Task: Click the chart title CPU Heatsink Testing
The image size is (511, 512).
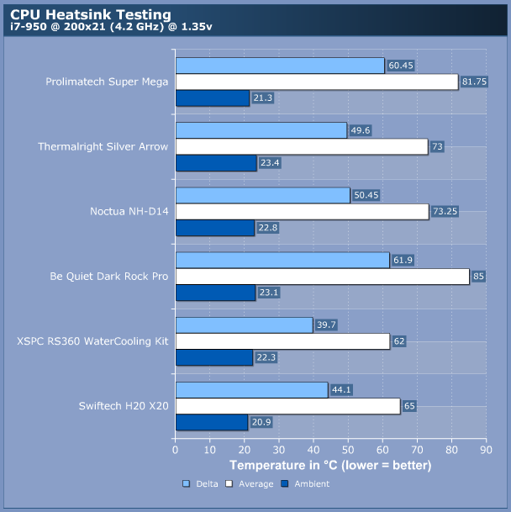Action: [x=91, y=14]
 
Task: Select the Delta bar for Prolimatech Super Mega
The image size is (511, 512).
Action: [x=280, y=66]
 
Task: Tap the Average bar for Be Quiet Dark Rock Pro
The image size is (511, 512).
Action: [x=322, y=276]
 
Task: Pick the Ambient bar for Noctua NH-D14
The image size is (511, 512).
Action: [x=214, y=228]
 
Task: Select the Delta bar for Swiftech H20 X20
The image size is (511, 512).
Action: [x=251, y=390]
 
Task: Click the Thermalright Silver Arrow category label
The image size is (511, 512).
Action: [x=103, y=146]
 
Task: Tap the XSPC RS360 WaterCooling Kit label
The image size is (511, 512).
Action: [x=92, y=341]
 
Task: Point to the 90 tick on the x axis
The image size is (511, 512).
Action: [x=485, y=451]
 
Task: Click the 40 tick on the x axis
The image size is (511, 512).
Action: [x=313, y=451]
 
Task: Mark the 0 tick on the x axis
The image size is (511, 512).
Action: [x=175, y=451]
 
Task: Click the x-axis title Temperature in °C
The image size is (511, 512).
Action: [x=330, y=465]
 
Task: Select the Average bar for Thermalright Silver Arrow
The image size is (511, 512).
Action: [x=301, y=146]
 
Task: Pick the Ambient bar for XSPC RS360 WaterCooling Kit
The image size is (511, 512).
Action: [x=213, y=357]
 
